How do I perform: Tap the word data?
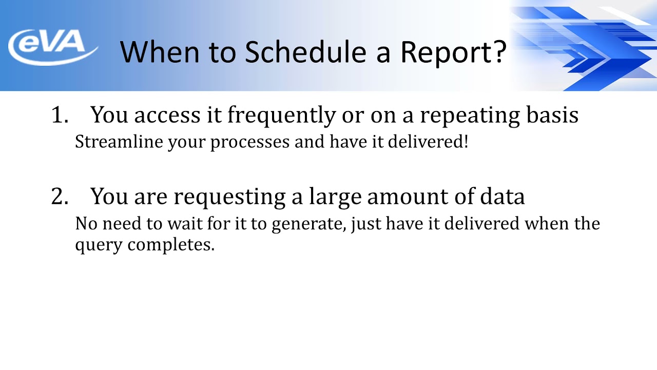(501, 197)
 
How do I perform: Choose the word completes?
(171, 245)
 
